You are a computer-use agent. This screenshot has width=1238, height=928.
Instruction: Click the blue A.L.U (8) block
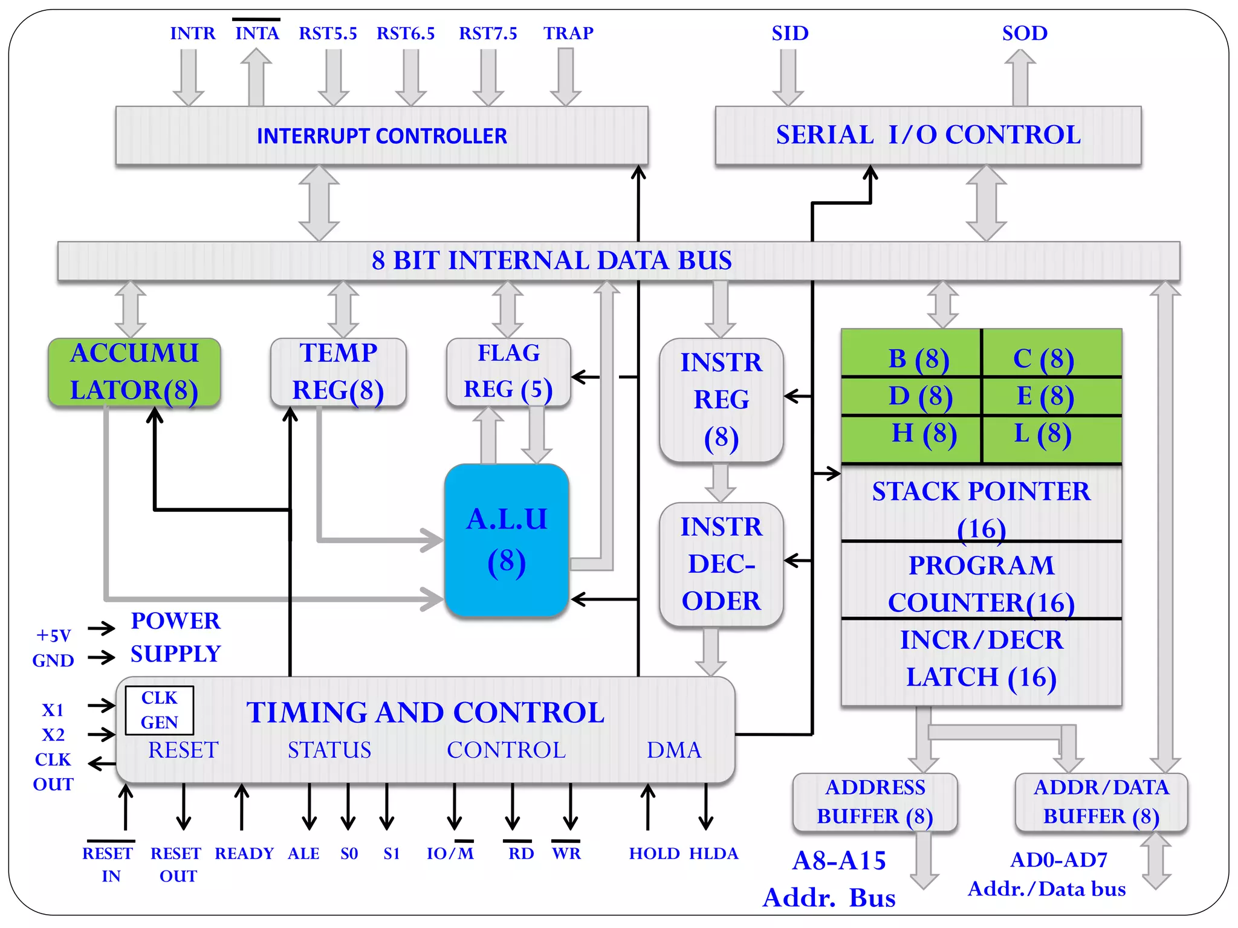click(x=507, y=540)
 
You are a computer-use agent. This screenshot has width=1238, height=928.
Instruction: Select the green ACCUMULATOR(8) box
click(x=134, y=372)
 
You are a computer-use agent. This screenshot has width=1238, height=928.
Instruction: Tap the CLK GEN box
click(x=160, y=710)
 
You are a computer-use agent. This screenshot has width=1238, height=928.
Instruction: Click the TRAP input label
click(x=568, y=33)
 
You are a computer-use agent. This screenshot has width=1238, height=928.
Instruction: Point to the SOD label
click(x=1025, y=33)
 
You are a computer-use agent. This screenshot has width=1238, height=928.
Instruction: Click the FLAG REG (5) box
click(x=508, y=372)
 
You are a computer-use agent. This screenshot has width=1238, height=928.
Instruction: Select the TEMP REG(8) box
click(x=339, y=372)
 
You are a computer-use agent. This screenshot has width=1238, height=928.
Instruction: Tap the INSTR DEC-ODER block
click(x=721, y=564)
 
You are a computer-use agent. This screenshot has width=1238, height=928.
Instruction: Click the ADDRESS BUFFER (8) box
click(x=875, y=802)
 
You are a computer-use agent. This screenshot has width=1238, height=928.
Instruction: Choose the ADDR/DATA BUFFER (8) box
click(x=1101, y=802)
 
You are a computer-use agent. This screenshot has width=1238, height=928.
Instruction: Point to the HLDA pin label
click(x=714, y=853)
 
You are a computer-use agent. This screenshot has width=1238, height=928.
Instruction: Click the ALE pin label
click(x=303, y=853)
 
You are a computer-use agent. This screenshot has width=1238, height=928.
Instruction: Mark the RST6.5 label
click(x=406, y=33)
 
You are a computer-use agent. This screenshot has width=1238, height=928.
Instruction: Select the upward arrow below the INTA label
click(x=256, y=77)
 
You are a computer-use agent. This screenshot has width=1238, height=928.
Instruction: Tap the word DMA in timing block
click(x=674, y=750)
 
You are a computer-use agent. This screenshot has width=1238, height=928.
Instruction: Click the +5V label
click(x=54, y=635)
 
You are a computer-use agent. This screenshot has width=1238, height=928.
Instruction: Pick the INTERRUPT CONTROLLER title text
click(x=382, y=136)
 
